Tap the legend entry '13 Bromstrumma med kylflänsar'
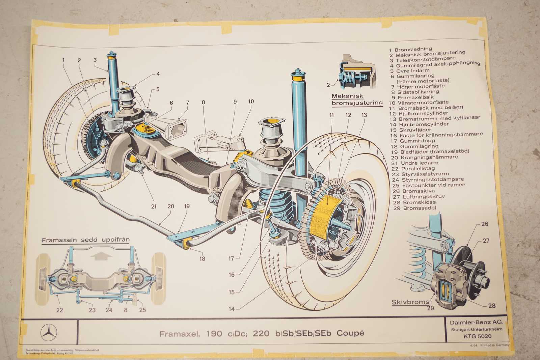(x=435, y=118)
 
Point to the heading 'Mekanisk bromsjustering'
(x=357, y=100)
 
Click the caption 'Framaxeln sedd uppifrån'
(x=85, y=240)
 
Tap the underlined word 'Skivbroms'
(x=410, y=302)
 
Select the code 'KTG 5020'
(x=477, y=336)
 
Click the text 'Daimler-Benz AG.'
(x=476, y=322)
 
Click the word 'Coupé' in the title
(x=351, y=333)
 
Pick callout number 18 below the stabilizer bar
(x=202, y=259)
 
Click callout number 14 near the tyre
(x=231, y=309)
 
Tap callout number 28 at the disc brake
(x=492, y=306)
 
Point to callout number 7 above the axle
(x=187, y=103)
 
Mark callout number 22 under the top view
(x=59, y=310)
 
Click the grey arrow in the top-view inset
(x=101, y=256)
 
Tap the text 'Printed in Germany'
(x=494, y=345)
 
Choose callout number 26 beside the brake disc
(x=485, y=224)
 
